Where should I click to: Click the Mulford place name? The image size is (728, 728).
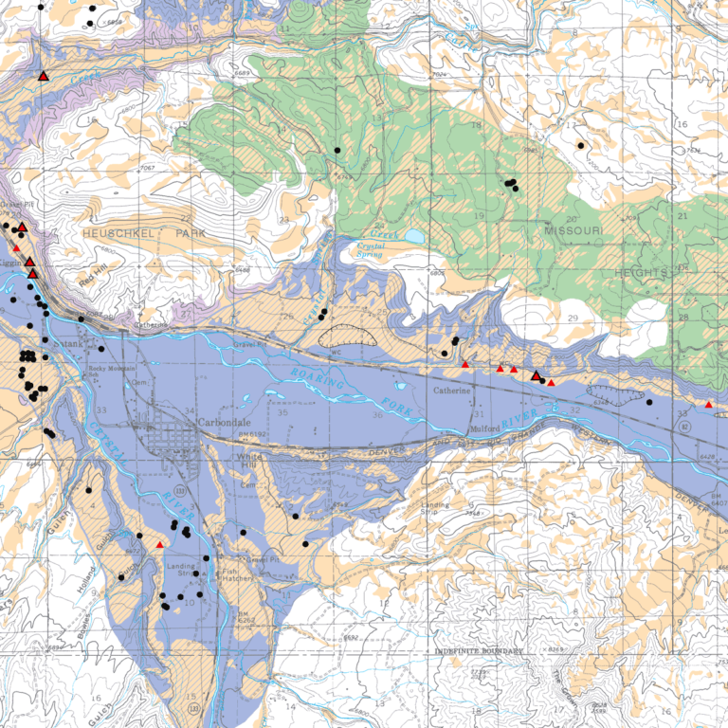click(x=484, y=428)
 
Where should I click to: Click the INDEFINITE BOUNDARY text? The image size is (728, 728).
click(x=480, y=651)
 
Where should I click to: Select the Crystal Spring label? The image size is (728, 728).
click(x=377, y=248)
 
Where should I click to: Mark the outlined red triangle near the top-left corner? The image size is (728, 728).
click(x=44, y=75)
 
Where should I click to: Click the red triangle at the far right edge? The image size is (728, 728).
click(x=709, y=405)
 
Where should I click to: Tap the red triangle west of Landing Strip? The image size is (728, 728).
click(x=160, y=545)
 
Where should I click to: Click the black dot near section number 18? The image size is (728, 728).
click(x=580, y=145)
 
